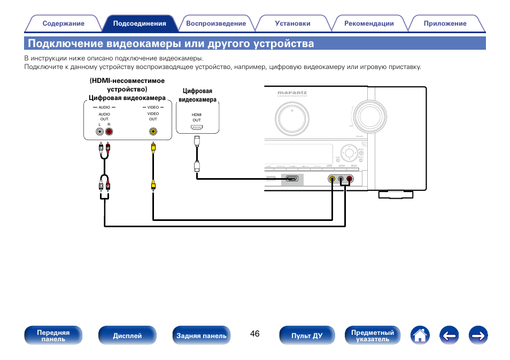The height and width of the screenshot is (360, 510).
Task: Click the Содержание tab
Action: [x=63, y=24]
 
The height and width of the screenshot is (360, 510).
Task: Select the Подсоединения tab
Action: [x=140, y=24]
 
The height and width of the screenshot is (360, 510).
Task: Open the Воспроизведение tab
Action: [x=216, y=24]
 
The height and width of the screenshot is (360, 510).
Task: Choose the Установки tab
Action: [x=292, y=24]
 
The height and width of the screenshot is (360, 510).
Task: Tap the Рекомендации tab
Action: [x=369, y=24]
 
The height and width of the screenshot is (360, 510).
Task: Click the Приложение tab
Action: [x=445, y=24]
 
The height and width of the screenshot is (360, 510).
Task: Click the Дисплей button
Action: [x=127, y=335]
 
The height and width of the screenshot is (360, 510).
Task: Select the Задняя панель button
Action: [x=202, y=335]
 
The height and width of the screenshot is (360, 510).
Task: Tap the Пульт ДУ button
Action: [x=307, y=335]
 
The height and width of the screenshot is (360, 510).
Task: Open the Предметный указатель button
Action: [x=373, y=335]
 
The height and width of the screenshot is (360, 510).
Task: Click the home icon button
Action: [x=421, y=335]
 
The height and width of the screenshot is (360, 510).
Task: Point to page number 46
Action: [x=254, y=334]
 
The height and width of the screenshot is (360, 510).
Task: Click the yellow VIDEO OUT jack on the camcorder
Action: [x=153, y=131]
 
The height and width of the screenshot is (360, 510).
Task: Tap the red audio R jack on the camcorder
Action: [x=109, y=131]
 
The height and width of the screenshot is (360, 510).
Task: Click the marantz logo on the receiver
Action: [x=292, y=93]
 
